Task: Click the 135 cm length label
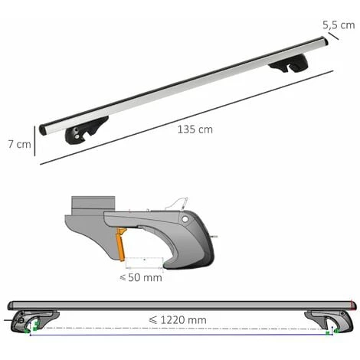pyautogui.click(x=195, y=129)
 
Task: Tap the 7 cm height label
pyautogui.click(x=19, y=144)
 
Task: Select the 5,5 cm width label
pyautogui.click(x=339, y=25)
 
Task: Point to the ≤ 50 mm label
pyautogui.click(x=141, y=277)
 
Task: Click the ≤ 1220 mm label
pyautogui.click(x=178, y=320)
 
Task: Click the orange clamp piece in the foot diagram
pyautogui.click(x=121, y=244)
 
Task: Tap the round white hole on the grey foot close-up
pyautogui.click(x=185, y=219)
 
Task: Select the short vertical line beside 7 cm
pyautogui.click(x=34, y=141)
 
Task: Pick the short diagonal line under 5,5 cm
pyautogui.click(x=333, y=36)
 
